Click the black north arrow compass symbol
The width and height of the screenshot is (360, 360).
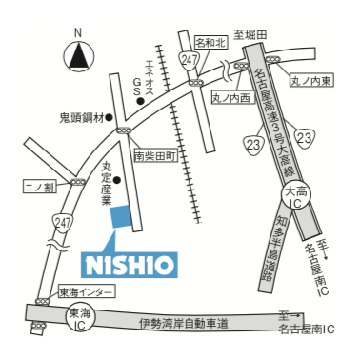(77, 57)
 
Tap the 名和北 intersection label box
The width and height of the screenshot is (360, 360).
(210, 42)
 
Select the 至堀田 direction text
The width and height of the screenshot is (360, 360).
(250, 34)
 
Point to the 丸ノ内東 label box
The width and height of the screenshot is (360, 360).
(310, 81)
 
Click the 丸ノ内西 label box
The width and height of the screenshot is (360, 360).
(233, 98)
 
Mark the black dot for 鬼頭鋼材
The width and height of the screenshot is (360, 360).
(110, 118)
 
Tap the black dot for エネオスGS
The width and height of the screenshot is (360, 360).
(140, 101)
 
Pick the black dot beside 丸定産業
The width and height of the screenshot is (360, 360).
(117, 180)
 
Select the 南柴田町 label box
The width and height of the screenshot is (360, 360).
(155, 156)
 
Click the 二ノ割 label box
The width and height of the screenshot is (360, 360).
(40, 187)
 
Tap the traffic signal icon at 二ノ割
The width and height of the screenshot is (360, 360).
(78, 182)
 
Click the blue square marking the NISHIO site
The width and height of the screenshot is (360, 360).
(120, 216)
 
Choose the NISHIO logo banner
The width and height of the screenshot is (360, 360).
(130, 265)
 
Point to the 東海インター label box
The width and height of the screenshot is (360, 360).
(86, 291)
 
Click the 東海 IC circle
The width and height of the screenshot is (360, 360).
(80, 319)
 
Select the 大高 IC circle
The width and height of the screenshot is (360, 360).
(296, 197)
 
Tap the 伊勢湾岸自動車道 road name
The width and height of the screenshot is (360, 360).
(184, 324)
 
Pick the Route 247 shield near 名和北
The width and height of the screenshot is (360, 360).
(190, 59)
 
